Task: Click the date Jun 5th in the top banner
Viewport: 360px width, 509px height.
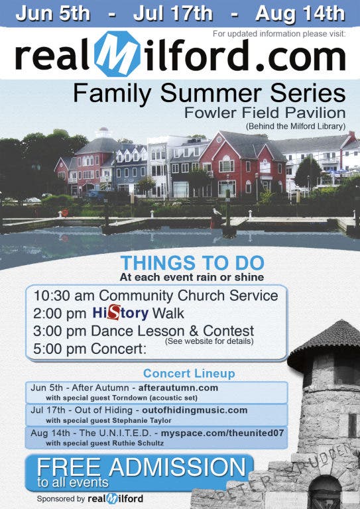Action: [x=52, y=14]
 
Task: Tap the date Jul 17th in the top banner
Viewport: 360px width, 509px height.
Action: [x=172, y=14]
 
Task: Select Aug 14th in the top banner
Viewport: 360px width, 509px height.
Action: [x=300, y=14]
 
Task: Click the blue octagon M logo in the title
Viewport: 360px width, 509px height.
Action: [x=115, y=54]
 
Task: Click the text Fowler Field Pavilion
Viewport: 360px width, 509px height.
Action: [x=265, y=113]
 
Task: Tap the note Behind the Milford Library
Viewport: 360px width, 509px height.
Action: [x=296, y=126]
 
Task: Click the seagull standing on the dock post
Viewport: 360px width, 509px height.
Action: [x=217, y=212]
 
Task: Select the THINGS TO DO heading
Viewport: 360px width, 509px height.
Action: [x=192, y=263]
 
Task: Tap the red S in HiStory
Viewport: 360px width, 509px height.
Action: [x=113, y=312]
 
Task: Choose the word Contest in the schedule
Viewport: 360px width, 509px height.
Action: [x=229, y=331]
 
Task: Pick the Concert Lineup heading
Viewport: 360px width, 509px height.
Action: [x=189, y=373]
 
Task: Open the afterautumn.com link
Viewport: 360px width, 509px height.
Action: [x=178, y=388]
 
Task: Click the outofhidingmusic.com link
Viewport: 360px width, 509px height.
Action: [x=195, y=410]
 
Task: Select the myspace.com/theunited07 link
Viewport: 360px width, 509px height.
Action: [x=222, y=433]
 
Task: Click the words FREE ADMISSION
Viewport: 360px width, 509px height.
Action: [x=141, y=467]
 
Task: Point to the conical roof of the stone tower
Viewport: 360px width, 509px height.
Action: [x=324, y=341]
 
